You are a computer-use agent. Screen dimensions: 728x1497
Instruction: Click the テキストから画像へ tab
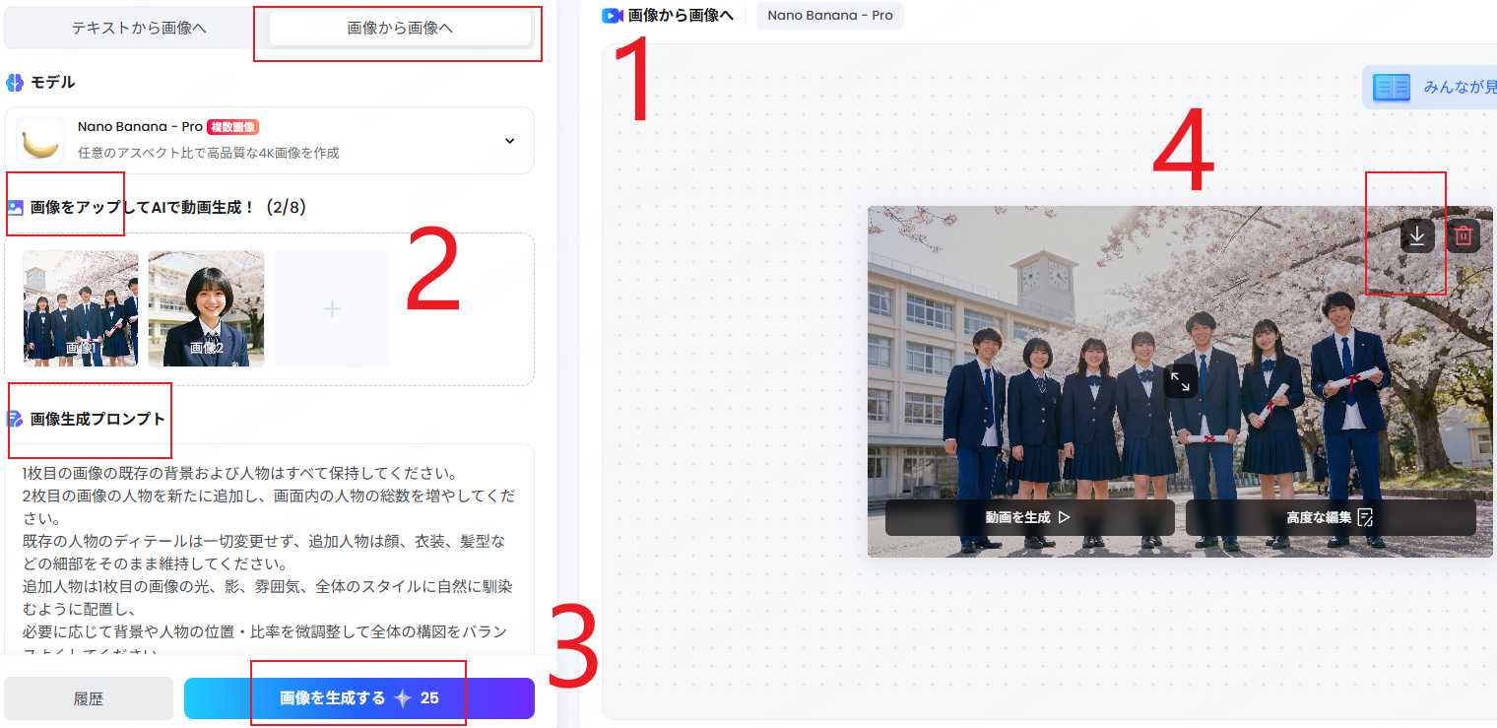pos(139,28)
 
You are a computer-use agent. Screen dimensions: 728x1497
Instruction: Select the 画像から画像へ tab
pos(400,28)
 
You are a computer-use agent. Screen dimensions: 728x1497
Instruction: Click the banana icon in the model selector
pos(40,141)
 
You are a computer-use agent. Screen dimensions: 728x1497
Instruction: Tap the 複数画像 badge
pos(232,127)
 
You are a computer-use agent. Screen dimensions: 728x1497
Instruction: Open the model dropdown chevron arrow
pos(509,141)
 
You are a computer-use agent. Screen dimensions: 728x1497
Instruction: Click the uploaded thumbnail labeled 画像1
pos(81,307)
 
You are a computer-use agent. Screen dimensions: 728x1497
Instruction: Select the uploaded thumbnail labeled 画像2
pos(206,307)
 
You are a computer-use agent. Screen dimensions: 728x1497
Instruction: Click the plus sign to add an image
pos(332,308)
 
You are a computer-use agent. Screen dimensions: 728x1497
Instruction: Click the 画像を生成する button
pos(358,698)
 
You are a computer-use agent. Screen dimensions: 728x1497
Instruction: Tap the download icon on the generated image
pos(1417,235)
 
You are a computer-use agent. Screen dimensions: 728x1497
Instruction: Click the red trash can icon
pos(1464,235)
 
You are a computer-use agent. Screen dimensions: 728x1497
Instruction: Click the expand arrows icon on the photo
pos(1180,381)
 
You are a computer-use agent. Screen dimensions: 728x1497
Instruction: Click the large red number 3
pos(573,649)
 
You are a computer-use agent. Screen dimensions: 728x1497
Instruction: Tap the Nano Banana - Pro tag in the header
pos(829,16)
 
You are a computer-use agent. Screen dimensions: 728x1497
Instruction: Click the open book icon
pos(1393,88)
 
